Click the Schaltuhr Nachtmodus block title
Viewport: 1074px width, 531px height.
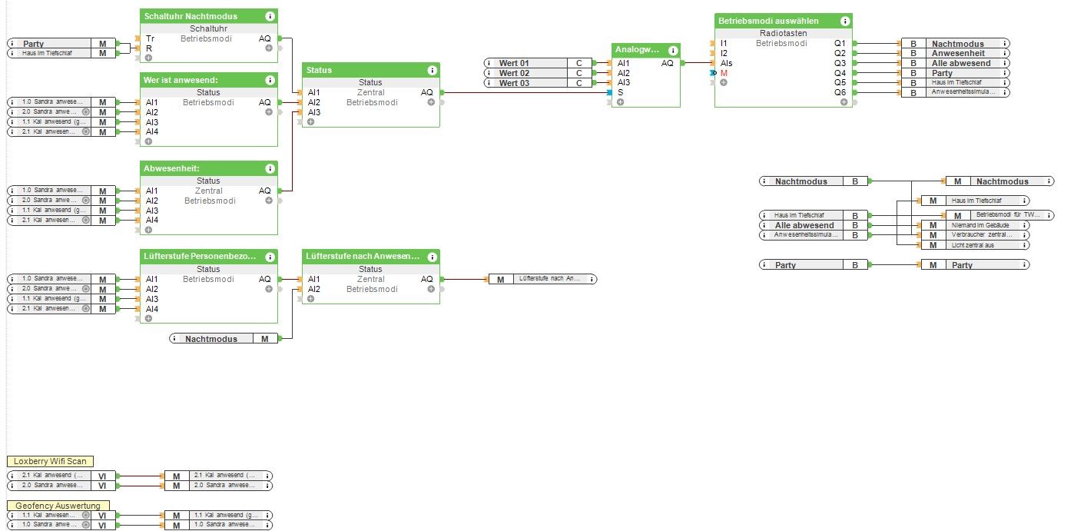[x=191, y=16]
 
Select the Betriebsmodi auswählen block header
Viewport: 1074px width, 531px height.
[x=768, y=21]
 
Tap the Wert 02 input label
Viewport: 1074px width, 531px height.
[x=514, y=73]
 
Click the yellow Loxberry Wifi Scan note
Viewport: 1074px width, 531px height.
[x=51, y=462]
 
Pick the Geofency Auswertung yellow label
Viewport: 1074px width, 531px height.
[x=58, y=506]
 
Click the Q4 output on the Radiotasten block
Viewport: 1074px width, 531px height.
[x=840, y=73]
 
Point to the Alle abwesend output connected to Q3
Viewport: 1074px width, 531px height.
[x=961, y=63]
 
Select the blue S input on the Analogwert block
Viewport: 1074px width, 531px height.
[x=620, y=92]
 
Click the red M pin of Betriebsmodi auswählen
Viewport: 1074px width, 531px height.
[x=724, y=73]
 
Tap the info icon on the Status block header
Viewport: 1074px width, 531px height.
[x=432, y=70]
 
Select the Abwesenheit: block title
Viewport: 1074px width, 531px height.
[x=171, y=168]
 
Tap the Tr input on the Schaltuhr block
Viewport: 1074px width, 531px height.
[x=150, y=38]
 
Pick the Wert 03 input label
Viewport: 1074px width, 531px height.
[x=514, y=83]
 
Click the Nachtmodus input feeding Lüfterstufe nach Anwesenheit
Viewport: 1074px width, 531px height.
[x=211, y=338]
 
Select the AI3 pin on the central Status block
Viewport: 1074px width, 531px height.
[x=313, y=112]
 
